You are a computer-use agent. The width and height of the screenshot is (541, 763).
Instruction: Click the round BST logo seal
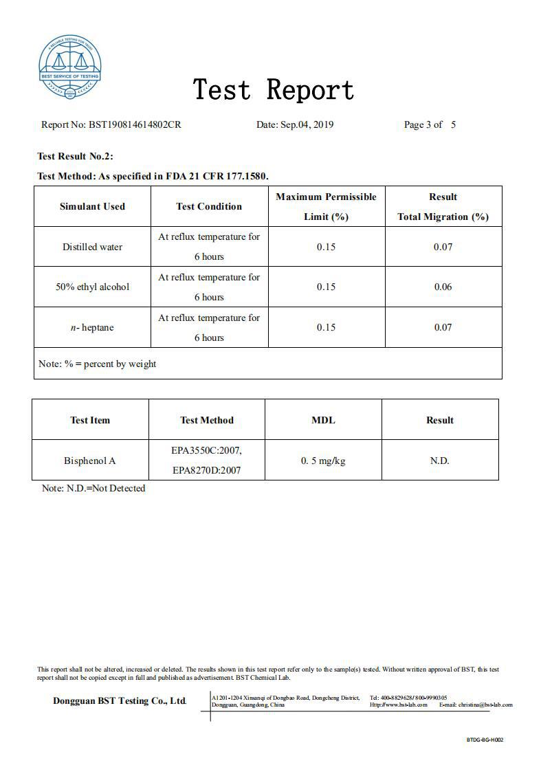pos(69,67)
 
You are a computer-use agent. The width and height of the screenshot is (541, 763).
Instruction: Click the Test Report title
pos(274,90)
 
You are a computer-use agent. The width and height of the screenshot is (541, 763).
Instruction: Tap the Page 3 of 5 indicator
pos(430,124)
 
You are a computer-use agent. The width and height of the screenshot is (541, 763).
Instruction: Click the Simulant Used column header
pos(92,206)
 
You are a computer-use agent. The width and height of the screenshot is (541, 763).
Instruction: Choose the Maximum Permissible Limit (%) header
pos(326,206)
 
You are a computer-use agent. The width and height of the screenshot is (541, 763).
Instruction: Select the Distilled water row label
pos(92,247)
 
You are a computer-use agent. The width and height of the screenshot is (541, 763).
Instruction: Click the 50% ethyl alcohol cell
pos(92,287)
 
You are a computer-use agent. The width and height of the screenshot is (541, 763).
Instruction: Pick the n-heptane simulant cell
pos(92,327)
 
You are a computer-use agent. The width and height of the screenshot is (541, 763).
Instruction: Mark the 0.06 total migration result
pos(443,287)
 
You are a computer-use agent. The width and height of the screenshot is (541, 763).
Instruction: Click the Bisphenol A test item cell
pos(89,461)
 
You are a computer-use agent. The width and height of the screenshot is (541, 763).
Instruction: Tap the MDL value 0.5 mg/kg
pos(323,461)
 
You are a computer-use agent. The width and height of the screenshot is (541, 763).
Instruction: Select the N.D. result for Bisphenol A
pos(439,461)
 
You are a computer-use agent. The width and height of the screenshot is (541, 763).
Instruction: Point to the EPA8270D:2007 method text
pos(207,471)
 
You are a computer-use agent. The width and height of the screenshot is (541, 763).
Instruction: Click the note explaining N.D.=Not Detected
pos(93,488)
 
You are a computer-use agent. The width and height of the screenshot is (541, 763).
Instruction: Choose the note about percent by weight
pos(97,364)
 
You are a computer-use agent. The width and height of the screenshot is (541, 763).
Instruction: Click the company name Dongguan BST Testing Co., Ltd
pos(120,701)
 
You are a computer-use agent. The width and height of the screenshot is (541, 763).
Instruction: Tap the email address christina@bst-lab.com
pos(485,705)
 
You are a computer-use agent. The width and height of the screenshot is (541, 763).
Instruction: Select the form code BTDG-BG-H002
pos(485,740)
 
